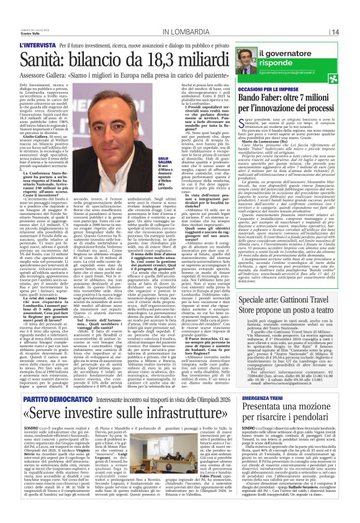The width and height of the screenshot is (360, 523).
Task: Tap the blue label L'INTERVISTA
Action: point(35,46)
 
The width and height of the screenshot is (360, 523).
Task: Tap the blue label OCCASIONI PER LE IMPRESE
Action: point(267,89)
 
